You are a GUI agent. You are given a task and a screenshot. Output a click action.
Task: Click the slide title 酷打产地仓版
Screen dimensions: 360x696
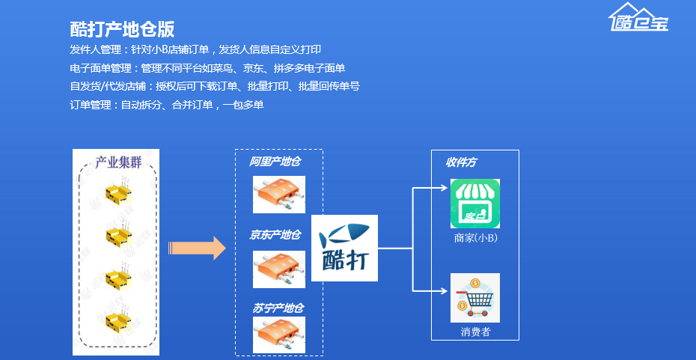click(122, 29)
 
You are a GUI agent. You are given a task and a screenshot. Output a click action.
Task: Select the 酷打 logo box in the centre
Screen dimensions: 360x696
click(345, 248)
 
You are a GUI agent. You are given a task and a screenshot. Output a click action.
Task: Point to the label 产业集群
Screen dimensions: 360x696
click(118, 162)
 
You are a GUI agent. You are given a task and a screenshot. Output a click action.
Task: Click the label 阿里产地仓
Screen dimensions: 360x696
click(275, 162)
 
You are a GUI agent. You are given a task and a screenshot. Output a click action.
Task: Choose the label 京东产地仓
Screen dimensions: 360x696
click(275, 235)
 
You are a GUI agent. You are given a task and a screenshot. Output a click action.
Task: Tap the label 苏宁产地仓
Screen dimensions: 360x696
click(277, 308)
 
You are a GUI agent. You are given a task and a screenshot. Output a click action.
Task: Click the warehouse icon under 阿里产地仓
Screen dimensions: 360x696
click(279, 195)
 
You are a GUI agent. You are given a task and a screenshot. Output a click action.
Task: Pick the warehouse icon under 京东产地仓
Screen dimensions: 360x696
click(279, 269)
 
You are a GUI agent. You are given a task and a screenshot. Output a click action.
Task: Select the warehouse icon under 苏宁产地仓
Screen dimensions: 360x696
click(279, 335)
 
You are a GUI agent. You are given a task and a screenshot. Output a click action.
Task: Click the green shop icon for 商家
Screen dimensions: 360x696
click(474, 204)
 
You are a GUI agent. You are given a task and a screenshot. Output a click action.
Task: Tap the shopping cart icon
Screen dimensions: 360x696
click(474, 298)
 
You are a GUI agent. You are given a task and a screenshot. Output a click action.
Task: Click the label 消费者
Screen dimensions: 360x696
click(475, 332)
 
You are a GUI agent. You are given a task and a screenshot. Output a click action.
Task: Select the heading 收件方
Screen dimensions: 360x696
click(461, 162)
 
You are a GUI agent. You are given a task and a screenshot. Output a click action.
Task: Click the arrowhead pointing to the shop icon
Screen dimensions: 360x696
click(444, 188)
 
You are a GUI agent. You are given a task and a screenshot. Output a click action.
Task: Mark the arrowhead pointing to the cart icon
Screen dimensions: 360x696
click(444, 290)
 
